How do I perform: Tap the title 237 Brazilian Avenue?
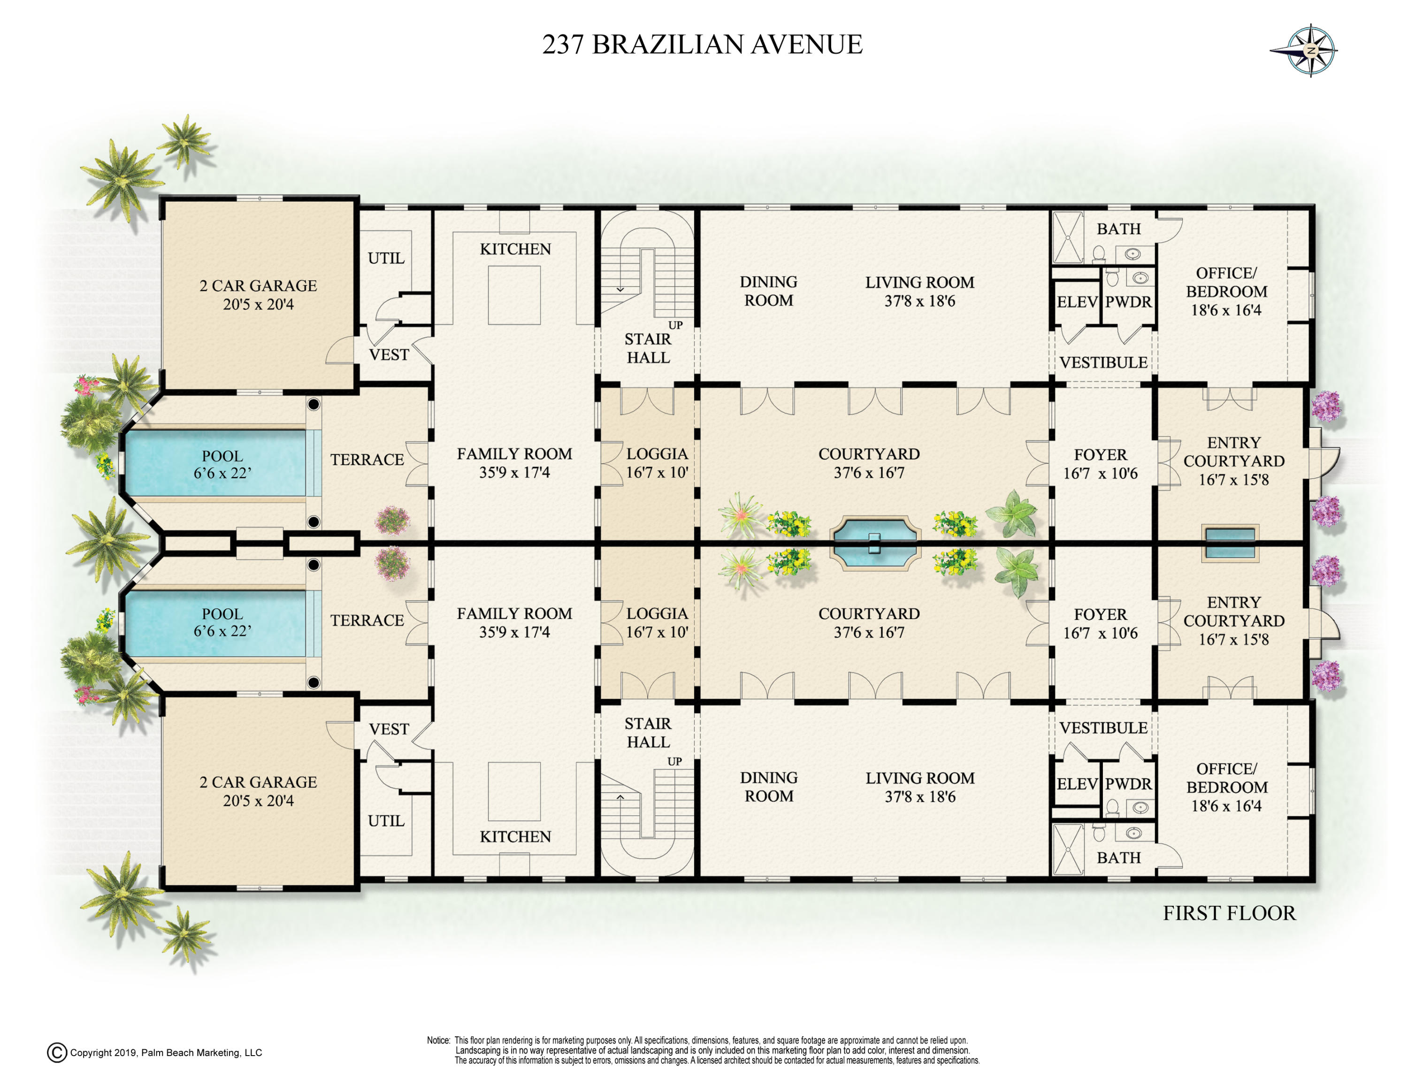tap(702, 45)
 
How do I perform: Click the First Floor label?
tap(1229, 913)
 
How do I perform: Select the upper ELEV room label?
tap(1077, 302)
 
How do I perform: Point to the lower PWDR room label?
tap(1128, 784)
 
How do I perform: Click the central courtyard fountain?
tap(875, 543)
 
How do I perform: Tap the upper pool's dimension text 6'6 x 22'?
tap(222, 473)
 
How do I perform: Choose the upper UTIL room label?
tap(386, 259)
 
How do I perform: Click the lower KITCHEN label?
tap(515, 836)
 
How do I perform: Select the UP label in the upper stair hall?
tap(675, 325)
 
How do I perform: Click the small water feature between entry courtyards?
tap(1230, 543)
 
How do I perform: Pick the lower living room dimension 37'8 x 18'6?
tap(920, 797)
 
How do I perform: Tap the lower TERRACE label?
tap(367, 620)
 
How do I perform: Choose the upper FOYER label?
tap(1101, 454)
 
